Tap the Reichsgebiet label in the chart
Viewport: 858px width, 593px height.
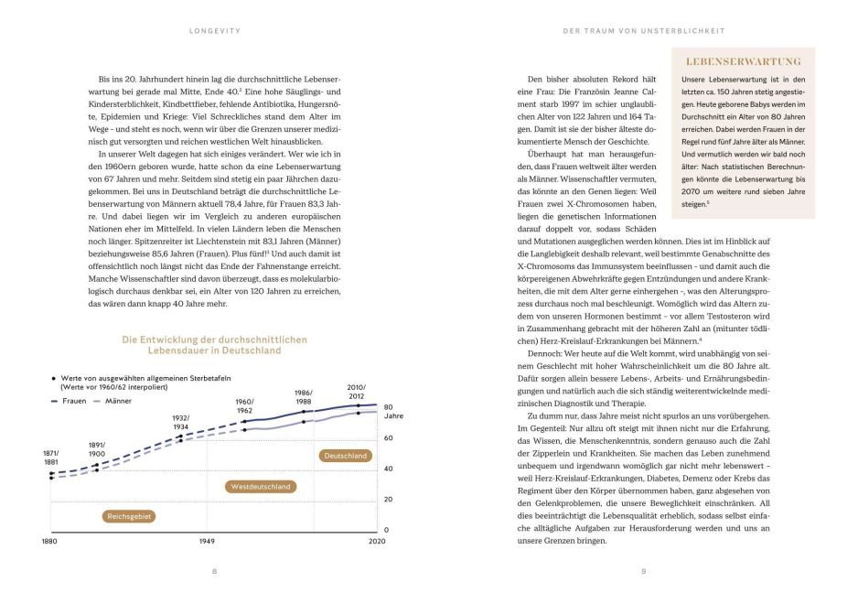click(x=129, y=516)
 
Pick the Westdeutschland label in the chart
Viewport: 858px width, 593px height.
click(x=261, y=487)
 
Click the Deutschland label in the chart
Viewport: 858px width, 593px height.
click(x=345, y=455)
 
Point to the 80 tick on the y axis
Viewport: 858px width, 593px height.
click(x=388, y=406)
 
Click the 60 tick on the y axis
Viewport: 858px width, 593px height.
click(x=388, y=437)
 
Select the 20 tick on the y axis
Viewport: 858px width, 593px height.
click(x=388, y=499)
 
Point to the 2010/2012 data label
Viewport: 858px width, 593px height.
click(x=356, y=392)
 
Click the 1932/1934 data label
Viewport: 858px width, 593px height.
click(x=180, y=422)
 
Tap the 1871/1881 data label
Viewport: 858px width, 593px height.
click(x=51, y=457)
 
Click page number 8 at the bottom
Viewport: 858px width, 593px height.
click(x=214, y=572)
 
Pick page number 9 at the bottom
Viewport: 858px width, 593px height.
click(x=643, y=572)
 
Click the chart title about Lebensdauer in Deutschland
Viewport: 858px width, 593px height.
click(x=215, y=345)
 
